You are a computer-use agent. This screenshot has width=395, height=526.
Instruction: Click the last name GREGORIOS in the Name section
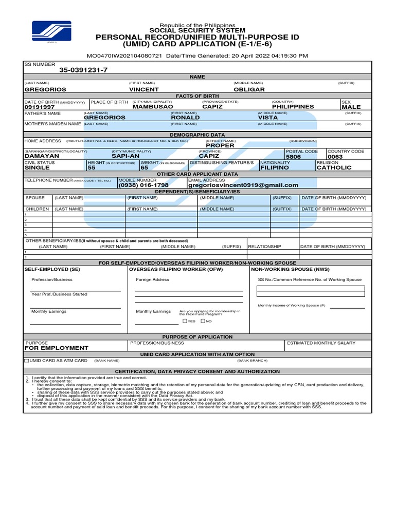tap(45, 89)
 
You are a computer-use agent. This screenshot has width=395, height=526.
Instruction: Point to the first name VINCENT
tap(143, 89)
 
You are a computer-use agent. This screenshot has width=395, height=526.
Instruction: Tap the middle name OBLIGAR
tap(249, 89)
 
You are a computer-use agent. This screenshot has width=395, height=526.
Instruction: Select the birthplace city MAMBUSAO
tap(153, 107)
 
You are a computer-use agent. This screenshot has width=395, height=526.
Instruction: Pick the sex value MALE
tap(351, 107)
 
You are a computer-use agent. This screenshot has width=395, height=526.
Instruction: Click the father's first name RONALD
tap(185, 118)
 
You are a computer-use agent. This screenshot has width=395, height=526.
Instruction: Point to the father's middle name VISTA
tap(268, 118)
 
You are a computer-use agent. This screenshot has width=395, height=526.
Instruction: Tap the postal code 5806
tap(294, 157)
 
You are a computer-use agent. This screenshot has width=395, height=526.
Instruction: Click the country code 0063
tap(335, 157)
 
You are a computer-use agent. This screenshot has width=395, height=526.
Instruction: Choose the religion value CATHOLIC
tap(334, 167)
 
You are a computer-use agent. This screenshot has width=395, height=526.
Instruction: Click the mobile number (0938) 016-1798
tap(143, 185)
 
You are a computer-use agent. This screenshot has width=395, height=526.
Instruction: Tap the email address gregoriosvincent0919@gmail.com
tap(243, 185)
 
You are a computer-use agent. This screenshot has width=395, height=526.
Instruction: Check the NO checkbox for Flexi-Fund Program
tap(203, 321)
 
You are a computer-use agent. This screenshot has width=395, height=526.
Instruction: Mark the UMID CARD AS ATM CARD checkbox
tap(27, 361)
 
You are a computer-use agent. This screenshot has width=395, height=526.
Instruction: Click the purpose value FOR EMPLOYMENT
tap(57, 348)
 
